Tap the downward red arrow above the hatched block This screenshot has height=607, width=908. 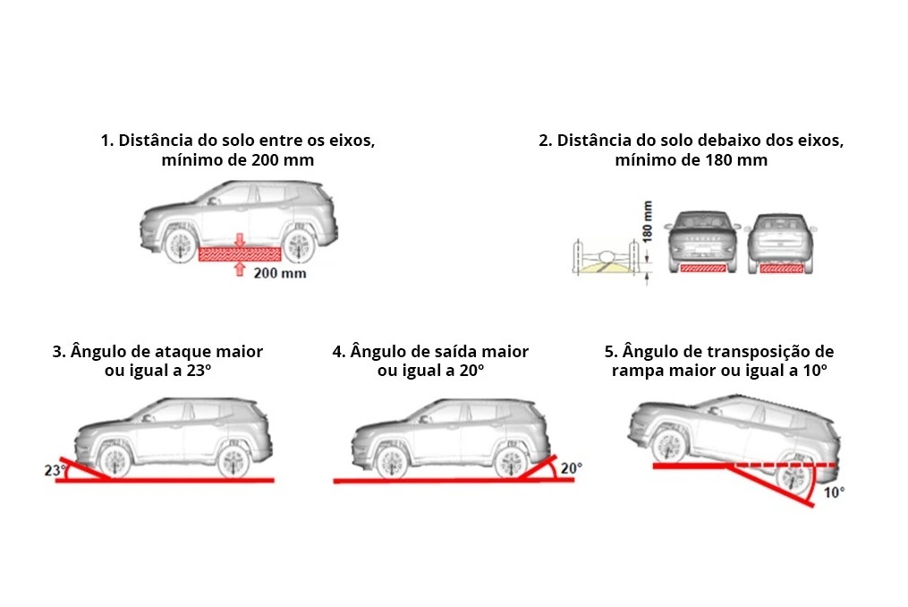pyautogui.click(x=239, y=240)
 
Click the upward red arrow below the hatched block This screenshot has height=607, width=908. pyautogui.click(x=239, y=269)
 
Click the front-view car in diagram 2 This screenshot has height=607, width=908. pyautogui.click(x=703, y=242)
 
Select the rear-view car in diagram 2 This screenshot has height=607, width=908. pyautogui.click(x=781, y=242)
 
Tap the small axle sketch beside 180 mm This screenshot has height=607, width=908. pyautogui.click(x=607, y=257)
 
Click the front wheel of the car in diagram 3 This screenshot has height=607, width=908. pyautogui.click(x=114, y=461)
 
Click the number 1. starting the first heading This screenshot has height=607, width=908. pyautogui.click(x=107, y=141)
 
